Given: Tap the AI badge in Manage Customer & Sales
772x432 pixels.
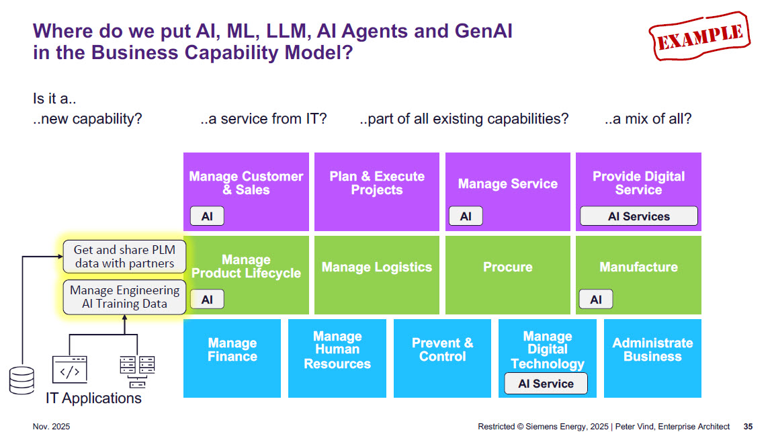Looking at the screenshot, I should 207,216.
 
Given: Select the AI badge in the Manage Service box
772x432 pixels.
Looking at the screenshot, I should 466,216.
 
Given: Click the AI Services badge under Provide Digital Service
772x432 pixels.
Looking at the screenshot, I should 638,216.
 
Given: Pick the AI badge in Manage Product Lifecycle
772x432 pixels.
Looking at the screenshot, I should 207,300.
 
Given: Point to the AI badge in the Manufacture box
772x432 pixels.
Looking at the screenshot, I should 596,300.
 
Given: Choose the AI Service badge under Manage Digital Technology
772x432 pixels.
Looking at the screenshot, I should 546,384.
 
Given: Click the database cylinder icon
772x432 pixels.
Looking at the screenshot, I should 22,380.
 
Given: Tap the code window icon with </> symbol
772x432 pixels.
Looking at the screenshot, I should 69,370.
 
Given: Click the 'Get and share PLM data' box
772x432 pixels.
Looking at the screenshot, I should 124,257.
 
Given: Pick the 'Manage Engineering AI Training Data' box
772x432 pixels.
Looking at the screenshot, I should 124,297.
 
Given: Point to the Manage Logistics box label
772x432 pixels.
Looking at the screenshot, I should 376,267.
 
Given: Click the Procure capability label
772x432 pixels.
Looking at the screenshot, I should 507,267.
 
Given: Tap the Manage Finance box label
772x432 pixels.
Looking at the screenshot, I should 232,349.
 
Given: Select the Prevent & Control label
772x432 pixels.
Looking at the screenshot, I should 442,349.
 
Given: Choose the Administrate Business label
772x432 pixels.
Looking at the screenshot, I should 652,349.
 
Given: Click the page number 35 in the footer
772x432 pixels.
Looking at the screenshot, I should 748,427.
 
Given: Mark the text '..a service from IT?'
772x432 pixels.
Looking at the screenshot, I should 263,120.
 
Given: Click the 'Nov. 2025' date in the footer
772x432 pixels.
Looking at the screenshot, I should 51,427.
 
